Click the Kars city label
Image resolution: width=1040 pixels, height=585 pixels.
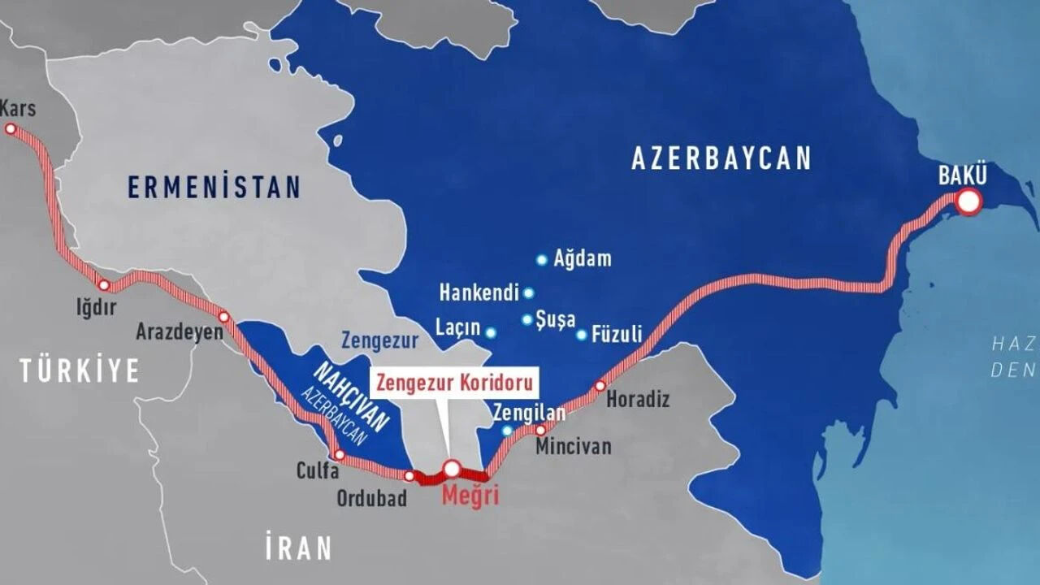tap(19, 108)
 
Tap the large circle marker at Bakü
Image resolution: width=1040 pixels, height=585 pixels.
tap(968, 201)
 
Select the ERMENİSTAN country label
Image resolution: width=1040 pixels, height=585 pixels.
tap(214, 187)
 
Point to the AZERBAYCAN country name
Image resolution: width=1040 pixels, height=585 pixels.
tap(721, 158)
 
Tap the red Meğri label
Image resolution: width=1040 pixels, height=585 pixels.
tap(470, 496)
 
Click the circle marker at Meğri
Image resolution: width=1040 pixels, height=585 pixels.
tap(452, 469)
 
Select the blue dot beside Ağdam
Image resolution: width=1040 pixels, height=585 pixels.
tap(542, 260)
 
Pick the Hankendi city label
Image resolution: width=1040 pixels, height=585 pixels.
tap(478, 292)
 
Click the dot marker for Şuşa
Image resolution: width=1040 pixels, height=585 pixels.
tap(527, 319)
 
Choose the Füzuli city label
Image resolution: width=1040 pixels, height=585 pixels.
tap(617, 334)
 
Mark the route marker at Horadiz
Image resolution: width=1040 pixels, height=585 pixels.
tap(600, 386)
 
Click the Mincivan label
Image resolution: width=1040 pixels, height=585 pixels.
tap(573, 447)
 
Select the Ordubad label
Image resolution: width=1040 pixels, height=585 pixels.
tap(372, 498)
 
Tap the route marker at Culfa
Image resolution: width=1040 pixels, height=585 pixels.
tap(340, 455)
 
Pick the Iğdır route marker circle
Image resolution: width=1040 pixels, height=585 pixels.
tap(103, 285)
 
